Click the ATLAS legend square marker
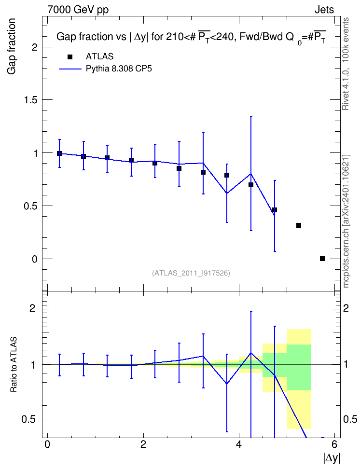70,57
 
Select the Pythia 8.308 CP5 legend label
119,69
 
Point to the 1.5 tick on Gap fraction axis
30,100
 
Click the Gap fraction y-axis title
12,46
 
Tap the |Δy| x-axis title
332,458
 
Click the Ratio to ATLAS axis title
14,365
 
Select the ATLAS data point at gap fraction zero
322,259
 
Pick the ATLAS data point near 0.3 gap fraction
298,225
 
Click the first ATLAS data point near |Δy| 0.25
59,153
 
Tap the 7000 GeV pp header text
78,10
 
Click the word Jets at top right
324,10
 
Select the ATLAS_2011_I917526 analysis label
191,273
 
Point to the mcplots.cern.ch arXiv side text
346,221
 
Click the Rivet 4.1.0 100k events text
346,64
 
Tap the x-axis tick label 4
239,444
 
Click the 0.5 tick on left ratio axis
29,420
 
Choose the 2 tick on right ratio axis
346,308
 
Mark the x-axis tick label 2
143,444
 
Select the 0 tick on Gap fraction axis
35,259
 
